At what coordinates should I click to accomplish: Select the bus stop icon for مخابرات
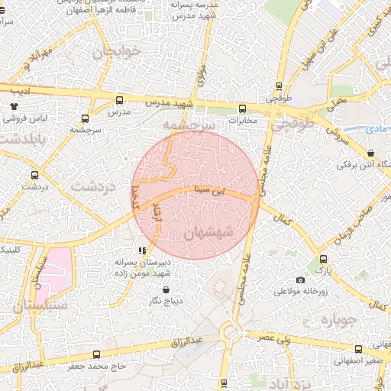click(x=243, y=108)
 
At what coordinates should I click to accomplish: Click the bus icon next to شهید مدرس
click(x=119, y=100)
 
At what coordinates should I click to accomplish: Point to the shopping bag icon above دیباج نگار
click(x=167, y=289)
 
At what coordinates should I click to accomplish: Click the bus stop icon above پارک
click(x=324, y=259)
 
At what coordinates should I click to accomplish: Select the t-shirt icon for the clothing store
click(x=14, y=107)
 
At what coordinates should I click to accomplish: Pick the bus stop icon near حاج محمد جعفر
click(x=96, y=354)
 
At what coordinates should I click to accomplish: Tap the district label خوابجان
click(x=114, y=53)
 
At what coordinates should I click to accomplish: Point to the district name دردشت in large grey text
click(x=92, y=186)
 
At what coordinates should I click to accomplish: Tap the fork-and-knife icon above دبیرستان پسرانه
click(x=141, y=250)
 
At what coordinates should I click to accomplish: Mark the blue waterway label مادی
click(x=376, y=131)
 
